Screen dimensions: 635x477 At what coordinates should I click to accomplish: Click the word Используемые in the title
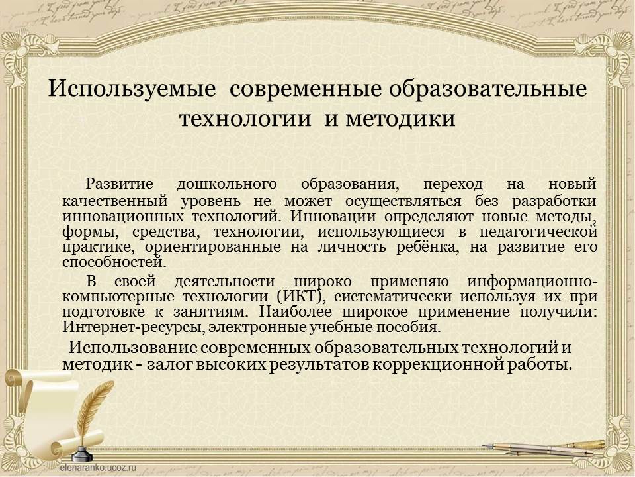[x=132, y=89]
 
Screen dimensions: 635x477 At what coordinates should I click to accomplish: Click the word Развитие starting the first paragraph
[x=120, y=184]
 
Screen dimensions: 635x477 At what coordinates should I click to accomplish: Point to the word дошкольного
[x=227, y=185]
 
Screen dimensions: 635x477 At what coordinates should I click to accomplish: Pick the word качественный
[x=115, y=201]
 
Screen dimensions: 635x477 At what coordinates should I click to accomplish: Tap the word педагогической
[x=538, y=233]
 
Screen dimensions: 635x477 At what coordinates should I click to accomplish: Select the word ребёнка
[x=428, y=247]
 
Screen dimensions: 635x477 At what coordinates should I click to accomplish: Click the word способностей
[x=114, y=262]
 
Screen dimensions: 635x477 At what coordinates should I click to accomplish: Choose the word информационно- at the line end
[x=532, y=282]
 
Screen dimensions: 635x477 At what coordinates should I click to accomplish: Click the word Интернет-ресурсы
[x=133, y=327]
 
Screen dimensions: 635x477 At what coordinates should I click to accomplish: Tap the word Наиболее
[x=296, y=312]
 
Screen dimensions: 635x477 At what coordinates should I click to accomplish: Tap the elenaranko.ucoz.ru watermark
[x=98, y=467]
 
